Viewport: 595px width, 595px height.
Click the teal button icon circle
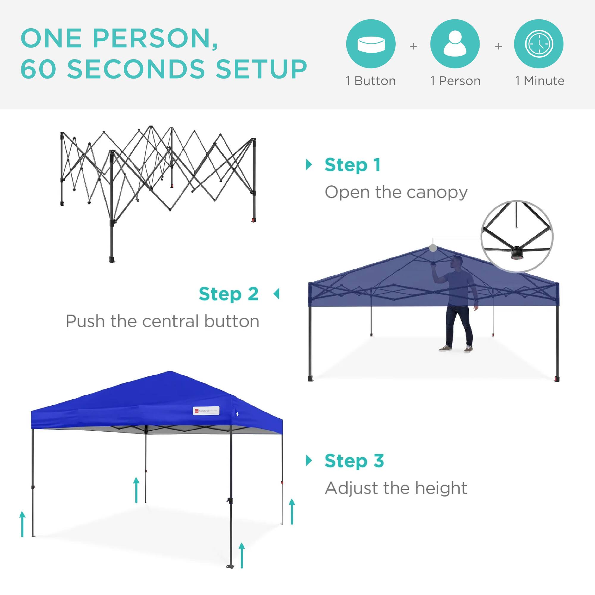click(371, 44)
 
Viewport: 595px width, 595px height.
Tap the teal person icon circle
click(455, 44)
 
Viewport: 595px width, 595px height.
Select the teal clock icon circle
click(539, 44)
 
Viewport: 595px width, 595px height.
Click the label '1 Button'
click(371, 81)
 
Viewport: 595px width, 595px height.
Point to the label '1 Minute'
click(540, 81)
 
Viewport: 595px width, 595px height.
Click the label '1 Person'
click(455, 81)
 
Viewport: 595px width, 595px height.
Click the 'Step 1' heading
click(353, 165)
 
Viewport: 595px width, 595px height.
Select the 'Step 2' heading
click(228, 294)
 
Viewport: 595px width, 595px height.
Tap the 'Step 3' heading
click(354, 461)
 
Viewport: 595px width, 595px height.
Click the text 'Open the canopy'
click(396, 192)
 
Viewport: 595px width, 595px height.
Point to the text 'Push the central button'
click(162, 321)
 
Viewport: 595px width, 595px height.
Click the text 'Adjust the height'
click(396, 488)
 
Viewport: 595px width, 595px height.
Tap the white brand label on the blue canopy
click(206, 411)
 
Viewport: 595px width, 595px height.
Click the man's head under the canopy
click(456, 262)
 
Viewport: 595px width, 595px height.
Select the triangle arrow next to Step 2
click(277, 294)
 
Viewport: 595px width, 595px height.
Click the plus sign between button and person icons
click(413, 46)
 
